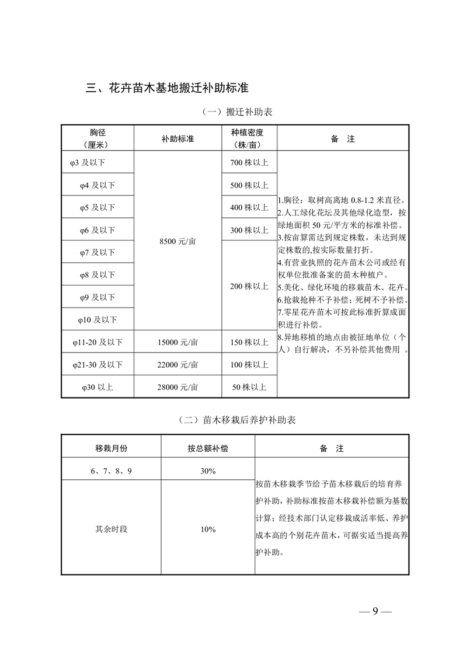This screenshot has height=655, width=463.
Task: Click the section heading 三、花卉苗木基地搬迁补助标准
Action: [x=167, y=89]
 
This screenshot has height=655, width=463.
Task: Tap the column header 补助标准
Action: [x=177, y=139]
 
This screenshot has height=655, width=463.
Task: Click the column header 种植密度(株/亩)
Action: [x=248, y=139]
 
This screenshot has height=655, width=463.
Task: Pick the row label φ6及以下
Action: [x=98, y=230]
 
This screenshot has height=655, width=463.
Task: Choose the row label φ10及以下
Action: [x=98, y=319]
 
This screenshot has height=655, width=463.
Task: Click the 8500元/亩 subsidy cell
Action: [x=177, y=241]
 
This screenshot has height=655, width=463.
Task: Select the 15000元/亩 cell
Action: [x=177, y=342]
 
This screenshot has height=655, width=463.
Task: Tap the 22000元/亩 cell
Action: [x=177, y=364]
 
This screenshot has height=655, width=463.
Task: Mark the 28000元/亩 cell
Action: [x=177, y=386]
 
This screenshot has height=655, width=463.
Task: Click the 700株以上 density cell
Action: [x=249, y=163]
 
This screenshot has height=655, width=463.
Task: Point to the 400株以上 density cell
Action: [x=249, y=207]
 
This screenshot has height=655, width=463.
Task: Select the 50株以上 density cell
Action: [x=249, y=386]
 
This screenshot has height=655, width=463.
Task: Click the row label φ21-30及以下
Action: [x=98, y=364]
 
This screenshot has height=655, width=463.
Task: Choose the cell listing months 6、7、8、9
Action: [x=111, y=471]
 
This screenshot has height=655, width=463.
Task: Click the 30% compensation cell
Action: [x=208, y=471]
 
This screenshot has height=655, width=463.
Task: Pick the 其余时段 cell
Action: [x=111, y=529]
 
